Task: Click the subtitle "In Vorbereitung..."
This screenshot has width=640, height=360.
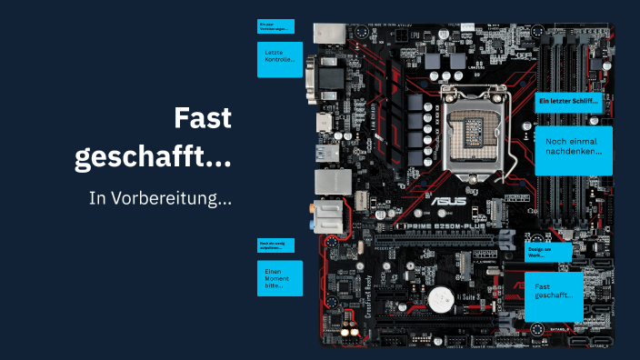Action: [160, 197]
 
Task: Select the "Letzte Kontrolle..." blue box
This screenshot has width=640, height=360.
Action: [279, 58]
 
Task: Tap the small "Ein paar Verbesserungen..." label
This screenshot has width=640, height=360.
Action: [275, 26]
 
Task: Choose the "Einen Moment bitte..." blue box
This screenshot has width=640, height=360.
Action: [279, 278]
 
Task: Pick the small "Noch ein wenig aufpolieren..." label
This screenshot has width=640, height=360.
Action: [275, 245]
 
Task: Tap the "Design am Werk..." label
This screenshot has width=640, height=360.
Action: [548, 252]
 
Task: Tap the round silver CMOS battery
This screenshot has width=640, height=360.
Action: [443, 298]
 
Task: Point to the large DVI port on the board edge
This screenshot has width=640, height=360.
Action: [325, 79]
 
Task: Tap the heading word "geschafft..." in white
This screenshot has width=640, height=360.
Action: [152, 156]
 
